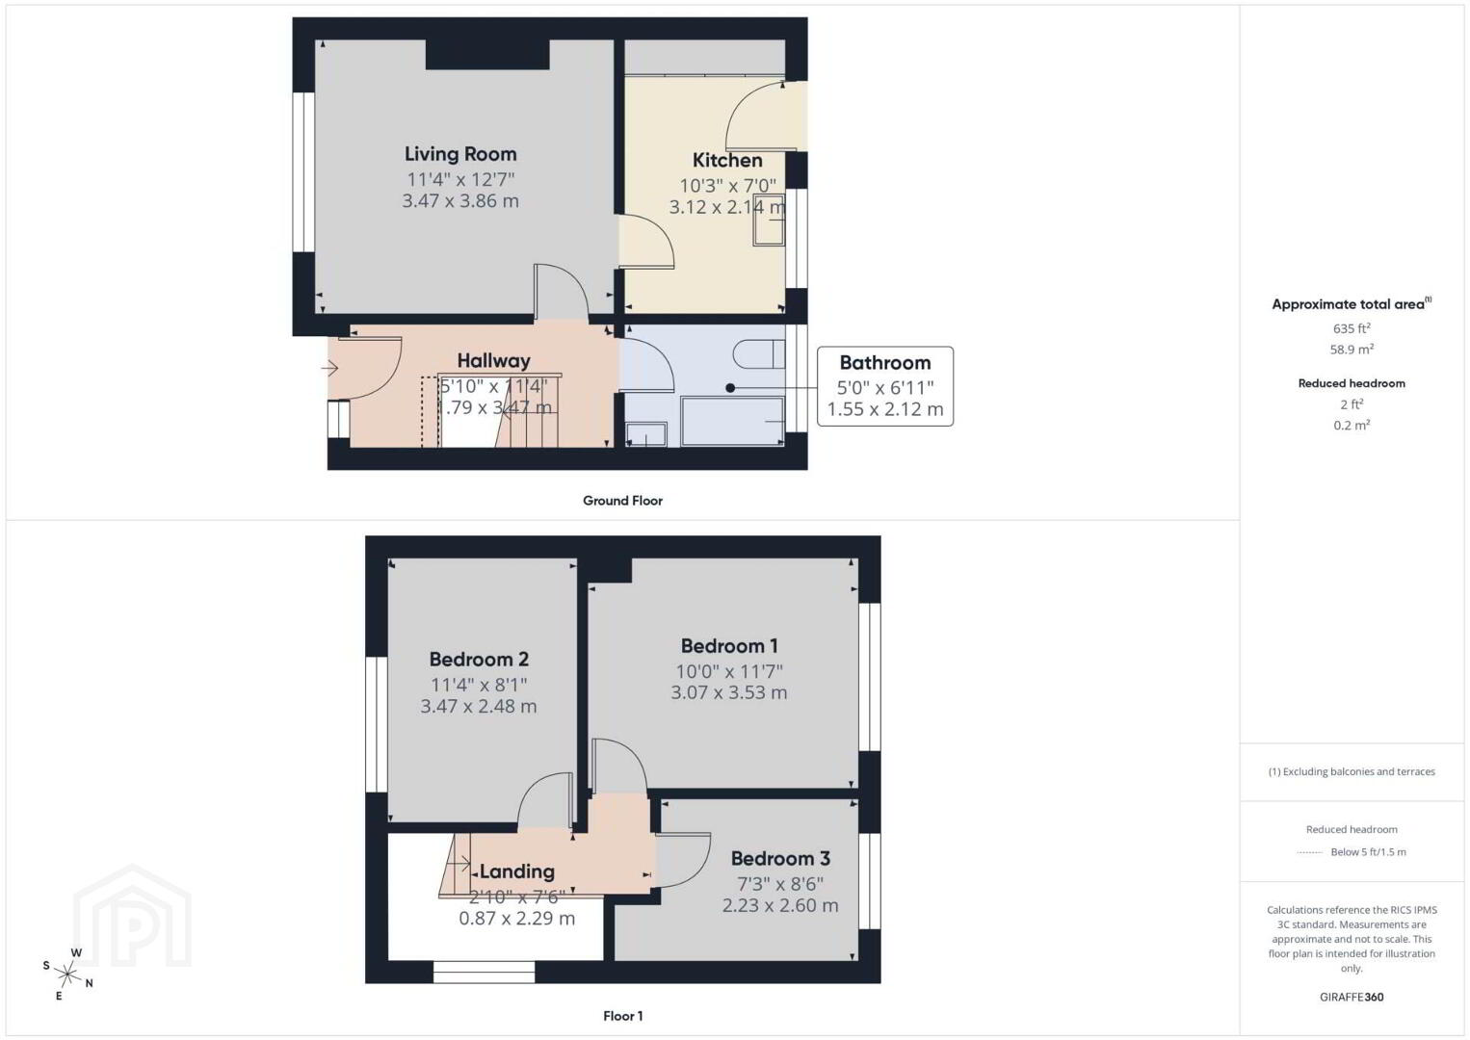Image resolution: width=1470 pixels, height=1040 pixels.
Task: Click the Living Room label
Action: [460, 154]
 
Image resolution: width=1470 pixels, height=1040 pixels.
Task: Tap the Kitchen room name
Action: [727, 160]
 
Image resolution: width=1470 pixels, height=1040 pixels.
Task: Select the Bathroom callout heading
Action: [884, 363]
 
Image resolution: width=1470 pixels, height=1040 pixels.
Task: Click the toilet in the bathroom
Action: [759, 354]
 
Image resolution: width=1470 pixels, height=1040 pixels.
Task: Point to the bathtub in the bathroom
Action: [733, 421]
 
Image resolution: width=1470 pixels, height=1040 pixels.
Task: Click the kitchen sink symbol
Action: [769, 220]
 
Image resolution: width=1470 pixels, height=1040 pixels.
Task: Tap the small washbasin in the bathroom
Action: [645, 435]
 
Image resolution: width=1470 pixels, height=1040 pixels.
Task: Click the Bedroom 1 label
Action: [729, 646]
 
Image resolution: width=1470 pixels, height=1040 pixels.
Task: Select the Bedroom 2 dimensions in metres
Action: [479, 707]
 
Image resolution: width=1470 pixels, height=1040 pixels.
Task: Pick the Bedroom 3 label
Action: [780, 858]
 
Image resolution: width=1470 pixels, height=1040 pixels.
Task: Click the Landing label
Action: [517, 871]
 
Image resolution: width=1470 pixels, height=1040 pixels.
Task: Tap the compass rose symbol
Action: [67, 975]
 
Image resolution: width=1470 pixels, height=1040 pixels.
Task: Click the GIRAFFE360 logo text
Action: [1352, 998]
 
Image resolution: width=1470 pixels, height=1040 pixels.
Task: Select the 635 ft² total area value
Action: [1352, 328]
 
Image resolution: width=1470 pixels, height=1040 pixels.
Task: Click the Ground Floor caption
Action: [623, 501]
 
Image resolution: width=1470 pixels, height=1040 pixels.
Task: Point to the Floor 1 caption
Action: [623, 1016]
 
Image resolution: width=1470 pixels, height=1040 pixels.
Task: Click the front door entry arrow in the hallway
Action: [329, 368]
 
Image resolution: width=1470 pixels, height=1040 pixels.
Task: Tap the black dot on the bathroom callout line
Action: [730, 388]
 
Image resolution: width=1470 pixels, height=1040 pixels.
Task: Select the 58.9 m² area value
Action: [1352, 349]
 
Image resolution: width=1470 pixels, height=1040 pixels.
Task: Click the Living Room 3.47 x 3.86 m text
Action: [460, 201]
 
